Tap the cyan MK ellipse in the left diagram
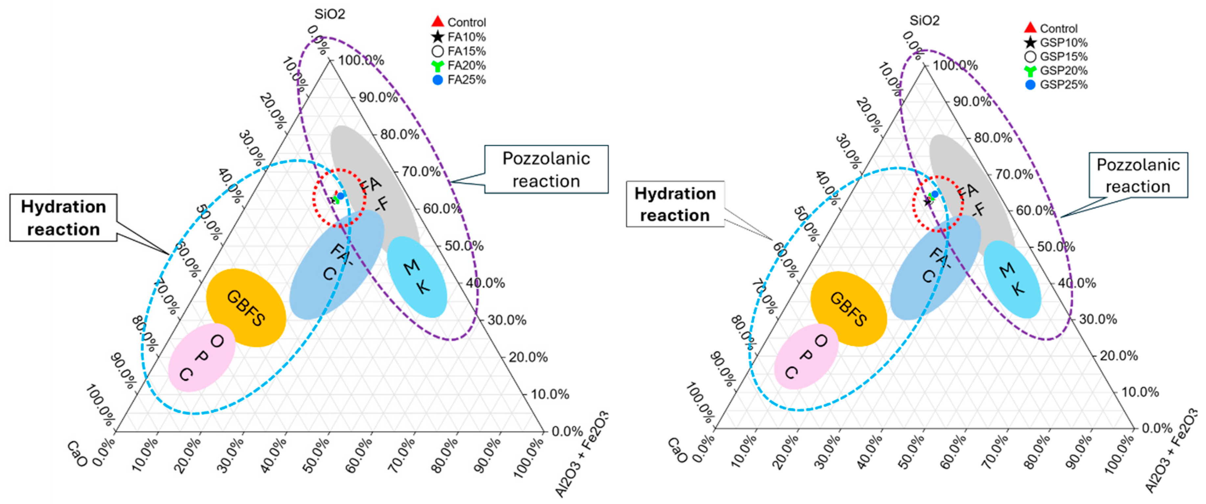[x=417, y=276]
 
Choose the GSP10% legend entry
[x=1056, y=43]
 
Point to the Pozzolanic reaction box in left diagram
[x=546, y=169]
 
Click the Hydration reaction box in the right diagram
[x=675, y=204]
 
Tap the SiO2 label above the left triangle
[x=330, y=14]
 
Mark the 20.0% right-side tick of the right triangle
[x=1118, y=356]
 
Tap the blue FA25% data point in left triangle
[x=341, y=196]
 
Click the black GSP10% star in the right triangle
[x=927, y=202]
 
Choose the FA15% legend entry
[x=459, y=51]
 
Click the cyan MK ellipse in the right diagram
[x=1012, y=279]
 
